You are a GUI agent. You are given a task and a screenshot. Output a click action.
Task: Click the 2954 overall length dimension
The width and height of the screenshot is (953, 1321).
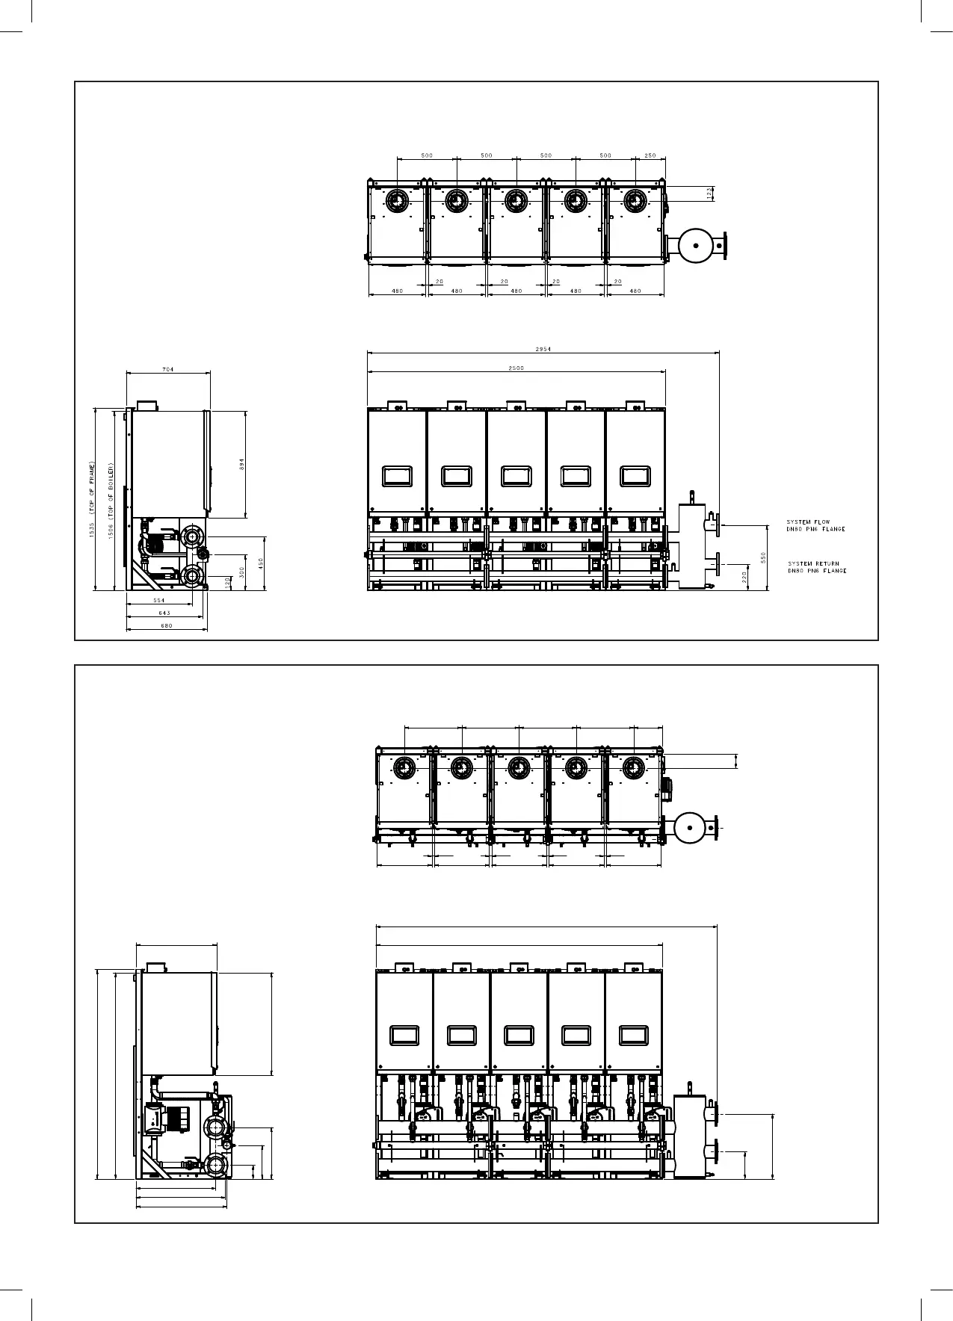pyautogui.click(x=543, y=349)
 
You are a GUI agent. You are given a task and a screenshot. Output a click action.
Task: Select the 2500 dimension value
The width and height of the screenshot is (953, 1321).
pyautogui.click(x=516, y=368)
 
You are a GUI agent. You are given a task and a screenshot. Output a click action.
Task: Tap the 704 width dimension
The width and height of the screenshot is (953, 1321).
pyautogui.click(x=168, y=370)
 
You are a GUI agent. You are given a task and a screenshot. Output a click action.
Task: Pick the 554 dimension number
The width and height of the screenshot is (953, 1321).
pyautogui.click(x=159, y=600)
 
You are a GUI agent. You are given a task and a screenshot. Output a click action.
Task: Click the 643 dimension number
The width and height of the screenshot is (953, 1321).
pyautogui.click(x=164, y=613)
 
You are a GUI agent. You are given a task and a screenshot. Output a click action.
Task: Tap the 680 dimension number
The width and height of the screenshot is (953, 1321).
pyautogui.click(x=167, y=625)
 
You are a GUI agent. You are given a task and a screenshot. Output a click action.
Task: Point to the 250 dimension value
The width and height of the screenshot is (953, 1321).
pyautogui.click(x=650, y=155)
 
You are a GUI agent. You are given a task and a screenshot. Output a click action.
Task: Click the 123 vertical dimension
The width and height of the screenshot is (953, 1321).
pyautogui.click(x=709, y=194)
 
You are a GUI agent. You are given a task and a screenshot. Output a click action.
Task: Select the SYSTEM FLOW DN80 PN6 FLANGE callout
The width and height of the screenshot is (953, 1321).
pyautogui.click(x=815, y=526)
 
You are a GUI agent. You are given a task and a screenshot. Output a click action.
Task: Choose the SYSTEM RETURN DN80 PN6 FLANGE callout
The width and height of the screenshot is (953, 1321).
pyautogui.click(x=816, y=567)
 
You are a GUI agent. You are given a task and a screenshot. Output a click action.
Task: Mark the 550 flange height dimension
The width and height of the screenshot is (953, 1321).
pyautogui.click(x=763, y=557)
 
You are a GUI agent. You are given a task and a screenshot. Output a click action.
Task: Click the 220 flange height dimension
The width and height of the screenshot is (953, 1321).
pyautogui.click(x=745, y=576)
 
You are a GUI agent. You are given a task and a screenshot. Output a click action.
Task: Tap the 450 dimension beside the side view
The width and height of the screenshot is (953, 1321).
pyautogui.click(x=261, y=563)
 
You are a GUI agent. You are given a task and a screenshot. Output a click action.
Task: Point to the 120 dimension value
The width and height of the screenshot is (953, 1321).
pyautogui.click(x=227, y=582)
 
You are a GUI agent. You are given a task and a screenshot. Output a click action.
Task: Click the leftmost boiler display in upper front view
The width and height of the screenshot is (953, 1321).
pyautogui.click(x=397, y=476)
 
